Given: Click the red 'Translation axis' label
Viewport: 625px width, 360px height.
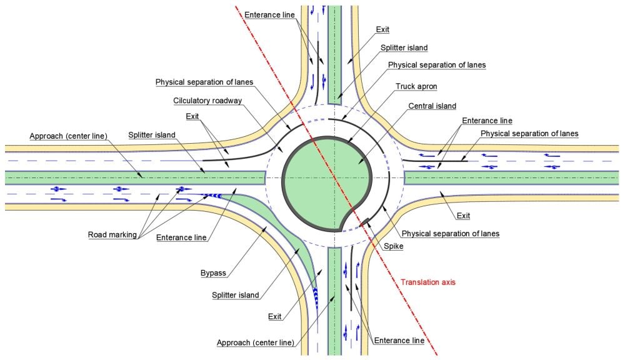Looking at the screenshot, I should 428,282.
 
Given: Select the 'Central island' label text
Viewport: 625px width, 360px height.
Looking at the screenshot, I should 432,106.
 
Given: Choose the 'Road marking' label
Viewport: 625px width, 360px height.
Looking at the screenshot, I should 112,236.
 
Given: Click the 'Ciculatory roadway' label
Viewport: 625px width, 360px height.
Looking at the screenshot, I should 207,101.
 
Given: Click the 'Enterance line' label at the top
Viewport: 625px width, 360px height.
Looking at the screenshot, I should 269,14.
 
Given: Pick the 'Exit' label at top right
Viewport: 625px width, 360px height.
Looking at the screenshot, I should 383,29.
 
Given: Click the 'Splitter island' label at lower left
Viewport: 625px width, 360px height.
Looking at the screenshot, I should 235,295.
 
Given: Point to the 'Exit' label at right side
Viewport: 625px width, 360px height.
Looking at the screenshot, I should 462,216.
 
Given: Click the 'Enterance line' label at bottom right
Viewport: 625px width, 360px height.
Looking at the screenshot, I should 399,341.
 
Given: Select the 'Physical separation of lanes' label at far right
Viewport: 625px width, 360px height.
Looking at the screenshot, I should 529,133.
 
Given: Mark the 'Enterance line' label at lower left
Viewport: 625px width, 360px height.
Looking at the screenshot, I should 182,238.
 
